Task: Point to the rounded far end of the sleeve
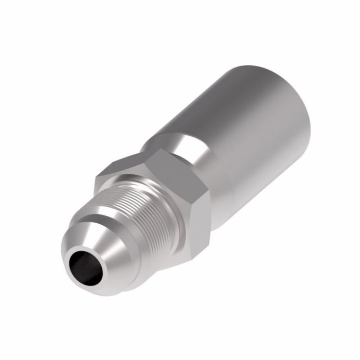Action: pos(303,103)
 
